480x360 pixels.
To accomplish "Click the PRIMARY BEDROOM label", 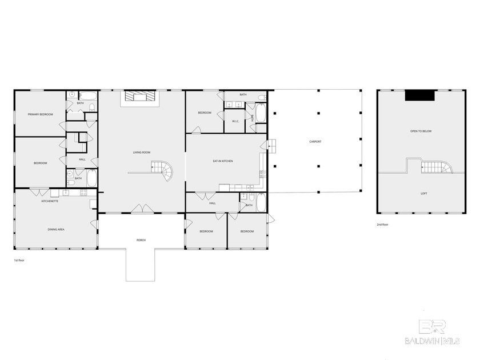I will point(40,114).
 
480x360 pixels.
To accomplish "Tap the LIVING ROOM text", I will point(142,152).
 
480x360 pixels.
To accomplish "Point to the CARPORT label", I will point(316,141).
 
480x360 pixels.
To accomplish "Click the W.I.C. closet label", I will point(235,121).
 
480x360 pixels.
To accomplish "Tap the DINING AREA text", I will point(55,229).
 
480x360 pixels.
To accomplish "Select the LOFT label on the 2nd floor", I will point(423,193).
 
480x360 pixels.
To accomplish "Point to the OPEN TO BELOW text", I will point(421,131).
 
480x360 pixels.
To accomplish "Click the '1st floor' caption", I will point(19,260).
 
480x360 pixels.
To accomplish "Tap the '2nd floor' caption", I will point(383,225).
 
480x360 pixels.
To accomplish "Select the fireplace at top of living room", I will point(141,97).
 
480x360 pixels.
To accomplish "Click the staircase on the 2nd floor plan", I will point(435,167).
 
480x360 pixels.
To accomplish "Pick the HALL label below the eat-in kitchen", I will point(212,203).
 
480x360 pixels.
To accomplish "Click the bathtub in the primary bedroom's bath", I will point(89,96).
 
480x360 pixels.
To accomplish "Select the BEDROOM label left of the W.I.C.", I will point(205,113).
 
